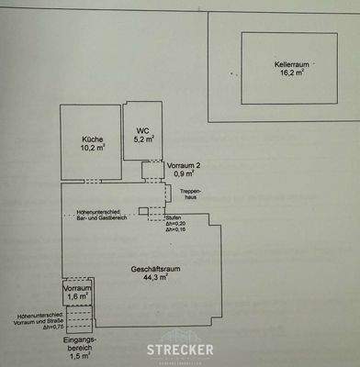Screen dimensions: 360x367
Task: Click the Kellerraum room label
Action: (292, 64)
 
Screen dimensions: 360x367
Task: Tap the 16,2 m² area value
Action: (292, 74)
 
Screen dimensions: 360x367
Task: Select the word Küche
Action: (90, 139)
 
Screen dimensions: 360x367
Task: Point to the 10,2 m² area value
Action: (90, 149)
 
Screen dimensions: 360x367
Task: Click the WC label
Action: (142, 130)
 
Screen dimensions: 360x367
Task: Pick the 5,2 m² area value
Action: (143, 140)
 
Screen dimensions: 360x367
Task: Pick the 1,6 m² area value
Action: (77, 296)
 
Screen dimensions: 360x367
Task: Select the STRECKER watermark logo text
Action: (180, 349)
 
